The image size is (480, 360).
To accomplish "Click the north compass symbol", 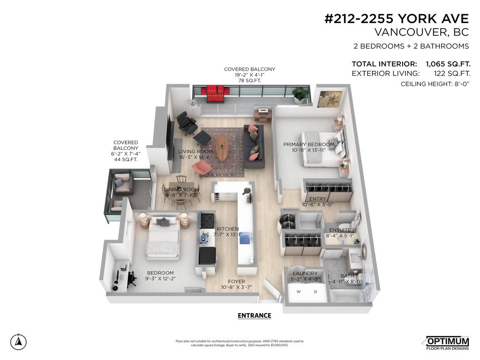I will [18, 342].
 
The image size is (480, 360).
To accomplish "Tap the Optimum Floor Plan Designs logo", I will [447, 343].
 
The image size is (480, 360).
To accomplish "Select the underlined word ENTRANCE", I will [254, 315].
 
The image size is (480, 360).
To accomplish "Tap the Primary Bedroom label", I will [308, 144].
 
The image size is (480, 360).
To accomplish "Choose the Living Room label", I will [195, 151].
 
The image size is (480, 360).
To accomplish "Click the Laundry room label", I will [305, 273].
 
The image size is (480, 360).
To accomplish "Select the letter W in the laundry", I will [299, 291].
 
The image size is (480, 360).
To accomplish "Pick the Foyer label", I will [237, 281].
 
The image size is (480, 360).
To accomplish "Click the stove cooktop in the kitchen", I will [207, 219].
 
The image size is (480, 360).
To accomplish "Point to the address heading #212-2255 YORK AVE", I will [397, 19].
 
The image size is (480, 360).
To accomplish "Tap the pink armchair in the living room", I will [202, 168].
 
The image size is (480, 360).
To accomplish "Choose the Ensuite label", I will [340, 230].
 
